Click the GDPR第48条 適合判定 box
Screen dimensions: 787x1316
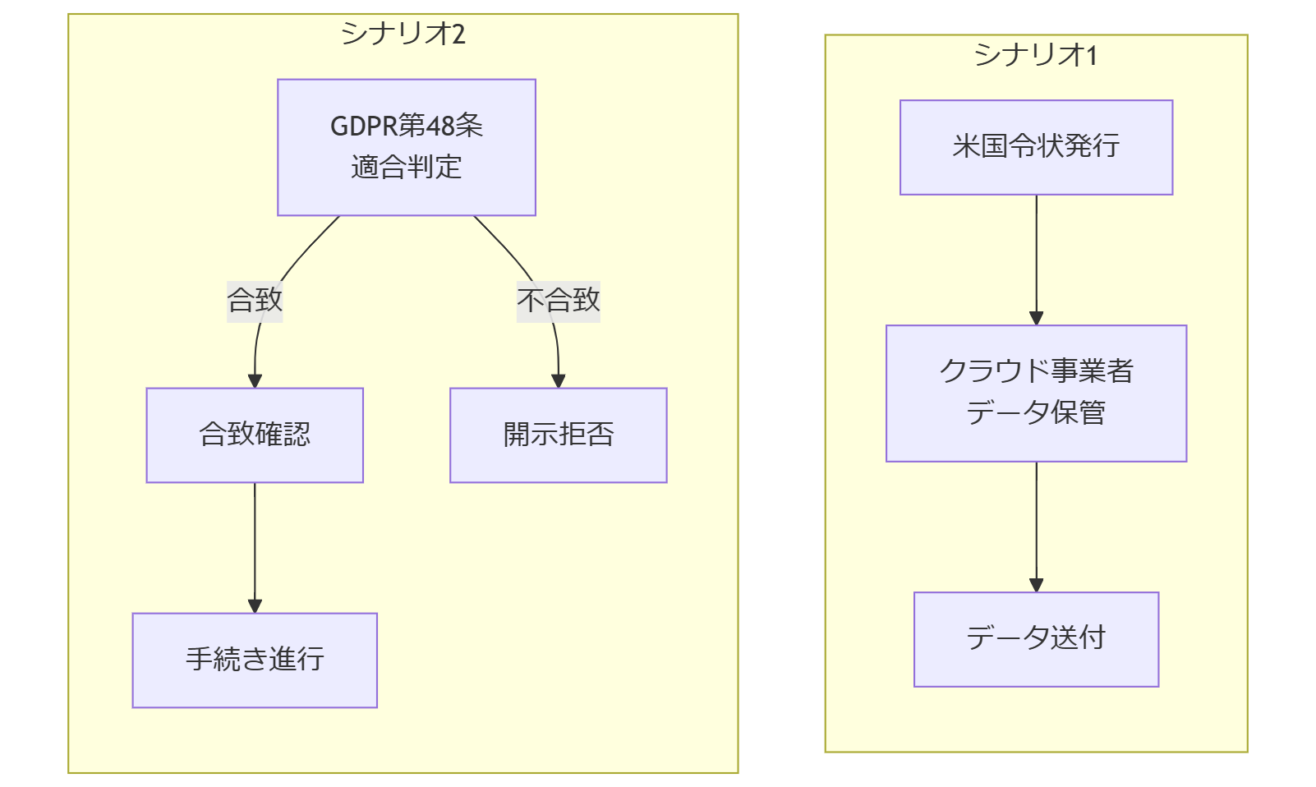(x=406, y=147)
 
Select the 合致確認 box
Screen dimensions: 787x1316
(x=255, y=435)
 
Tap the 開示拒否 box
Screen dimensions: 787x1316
(x=558, y=435)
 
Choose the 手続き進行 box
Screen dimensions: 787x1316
(x=255, y=660)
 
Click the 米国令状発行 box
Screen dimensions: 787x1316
(x=1036, y=147)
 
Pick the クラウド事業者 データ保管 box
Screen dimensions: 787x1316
(x=1036, y=393)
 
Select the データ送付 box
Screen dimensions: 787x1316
(x=1036, y=638)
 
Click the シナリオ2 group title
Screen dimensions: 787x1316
(x=403, y=34)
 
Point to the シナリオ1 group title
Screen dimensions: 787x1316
(x=1036, y=55)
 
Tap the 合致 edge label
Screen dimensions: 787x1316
(x=255, y=300)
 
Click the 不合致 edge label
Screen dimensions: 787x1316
(x=558, y=300)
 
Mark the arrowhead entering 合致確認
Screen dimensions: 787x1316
(x=255, y=381)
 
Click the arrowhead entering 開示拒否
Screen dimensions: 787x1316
(x=559, y=381)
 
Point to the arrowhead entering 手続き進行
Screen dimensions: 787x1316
(x=255, y=606)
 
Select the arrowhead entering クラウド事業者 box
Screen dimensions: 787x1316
(x=1036, y=319)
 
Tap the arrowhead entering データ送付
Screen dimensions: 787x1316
(x=1036, y=585)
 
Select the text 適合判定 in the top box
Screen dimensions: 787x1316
(x=406, y=168)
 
